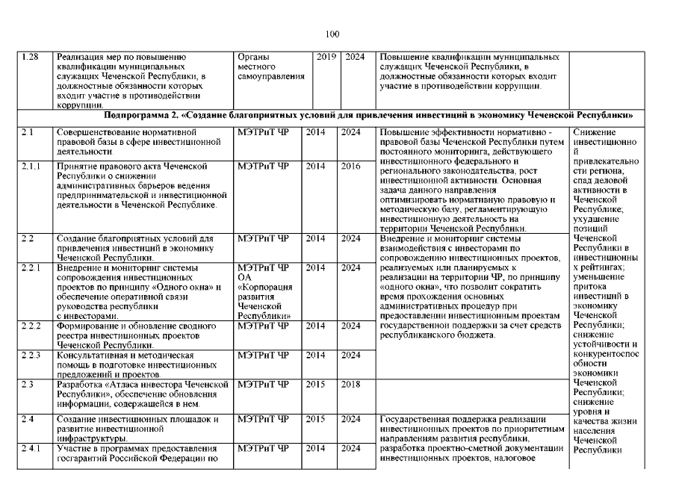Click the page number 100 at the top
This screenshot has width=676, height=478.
(333, 34)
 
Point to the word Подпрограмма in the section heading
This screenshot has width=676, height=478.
(137, 116)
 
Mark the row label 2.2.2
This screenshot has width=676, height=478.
(31, 326)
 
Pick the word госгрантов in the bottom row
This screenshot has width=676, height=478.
(85, 458)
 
